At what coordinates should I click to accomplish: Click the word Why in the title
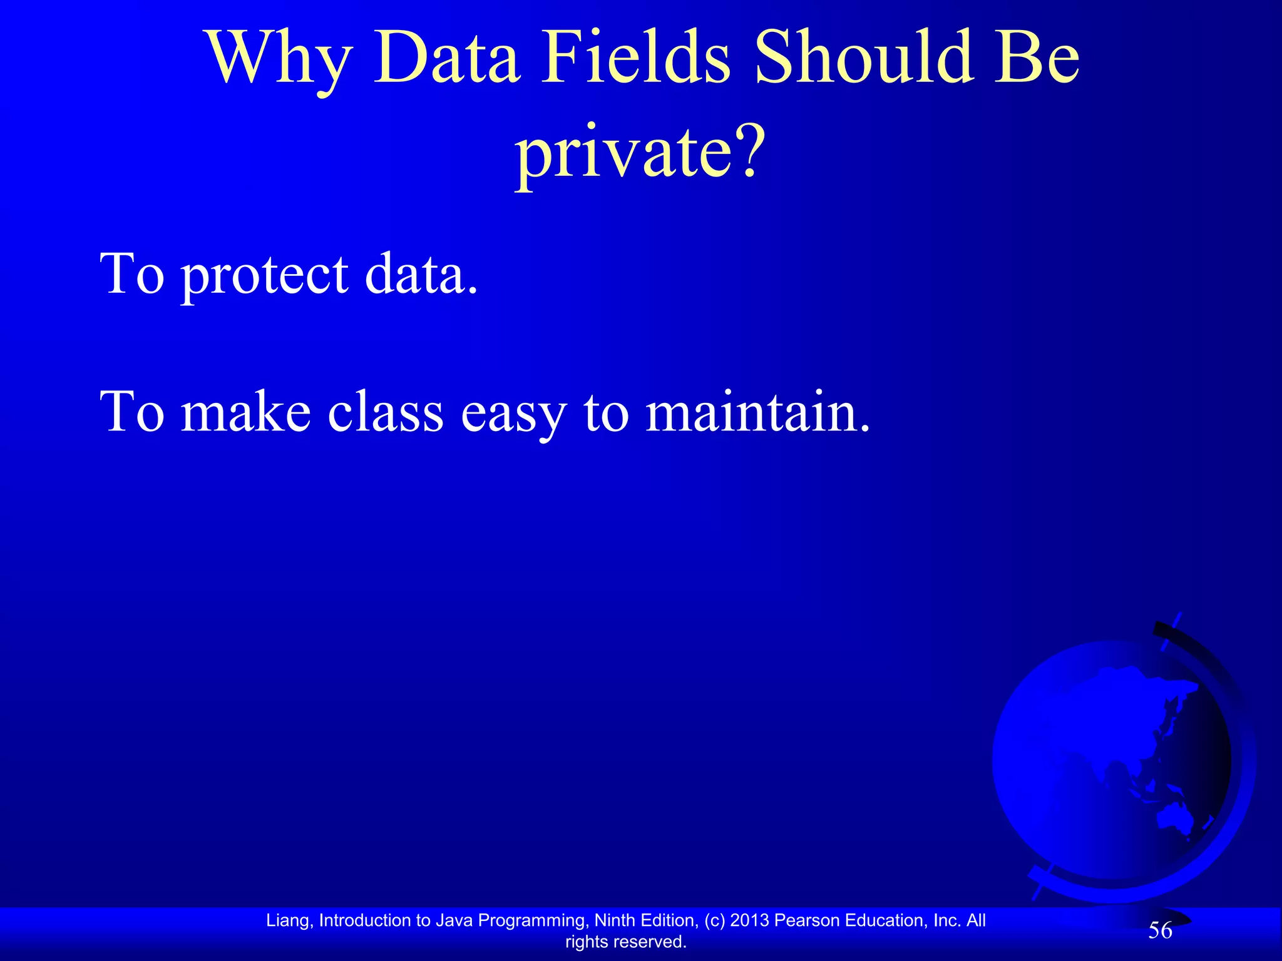(x=279, y=59)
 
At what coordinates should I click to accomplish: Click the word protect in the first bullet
(x=264, y=275)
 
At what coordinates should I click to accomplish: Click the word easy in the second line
(x=513, y=414)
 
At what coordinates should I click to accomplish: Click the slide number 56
(x=1160, y=931)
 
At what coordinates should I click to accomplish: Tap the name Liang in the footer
(x=287, y=920)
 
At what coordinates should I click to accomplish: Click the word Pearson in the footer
(x=807, y=920)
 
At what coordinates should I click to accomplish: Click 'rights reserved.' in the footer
(x=626, y=942)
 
